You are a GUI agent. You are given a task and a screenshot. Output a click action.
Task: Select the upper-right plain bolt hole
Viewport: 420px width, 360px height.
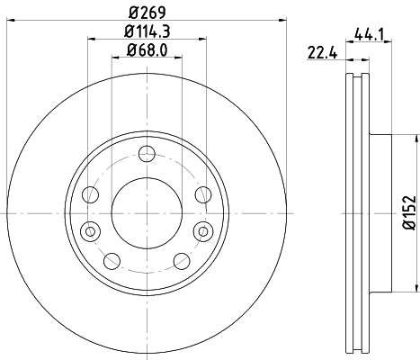[x=201, y=195]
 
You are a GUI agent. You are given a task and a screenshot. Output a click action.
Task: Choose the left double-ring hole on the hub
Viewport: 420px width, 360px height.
[x=90, y=231]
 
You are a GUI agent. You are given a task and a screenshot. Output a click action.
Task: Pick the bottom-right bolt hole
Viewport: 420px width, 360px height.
[x=182, y=261]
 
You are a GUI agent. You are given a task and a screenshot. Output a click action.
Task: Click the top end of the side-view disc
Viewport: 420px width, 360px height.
[x=357, y=73]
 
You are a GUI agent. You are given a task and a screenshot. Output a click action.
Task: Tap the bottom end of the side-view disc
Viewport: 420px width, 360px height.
[x=357, y=354]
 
